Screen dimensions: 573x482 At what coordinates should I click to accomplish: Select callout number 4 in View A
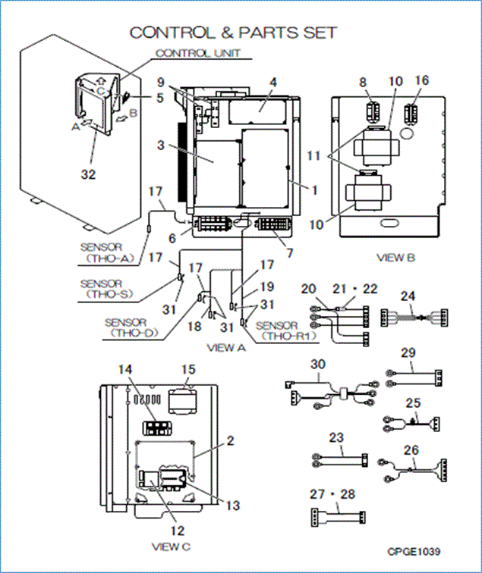point(273,82)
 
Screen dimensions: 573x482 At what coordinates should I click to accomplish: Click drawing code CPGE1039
point(413,551)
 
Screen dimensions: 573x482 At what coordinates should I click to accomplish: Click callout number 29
point(408,353)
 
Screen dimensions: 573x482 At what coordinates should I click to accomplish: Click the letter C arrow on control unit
point(99,88)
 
